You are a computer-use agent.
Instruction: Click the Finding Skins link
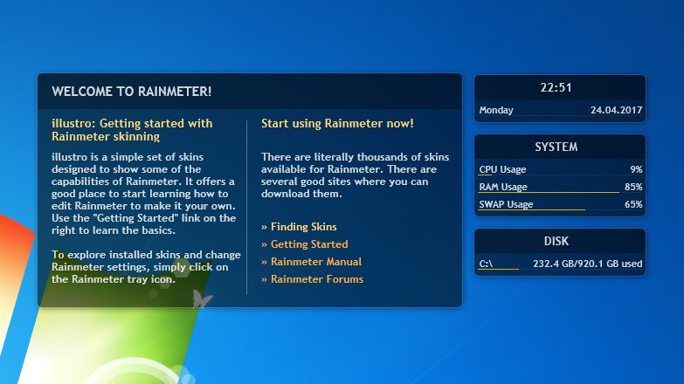tap(300, 227)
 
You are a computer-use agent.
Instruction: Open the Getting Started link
tap(305, 244)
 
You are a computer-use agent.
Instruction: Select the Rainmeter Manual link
tap(312, 262)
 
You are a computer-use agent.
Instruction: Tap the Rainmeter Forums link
tap(313, 279)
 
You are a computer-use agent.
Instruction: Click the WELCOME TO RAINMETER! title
tap(132, 92)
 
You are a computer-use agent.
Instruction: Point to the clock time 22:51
tap(556, 87)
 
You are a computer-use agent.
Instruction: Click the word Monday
tap(496, 110)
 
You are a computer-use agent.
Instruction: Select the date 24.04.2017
tap(617, 110)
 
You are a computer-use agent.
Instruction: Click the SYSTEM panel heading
tap(556, 147)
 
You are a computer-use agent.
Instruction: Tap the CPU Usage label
tap(502, 169)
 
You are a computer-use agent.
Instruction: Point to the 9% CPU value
tap(637, 169)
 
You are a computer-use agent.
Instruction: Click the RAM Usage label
tap(503, 187)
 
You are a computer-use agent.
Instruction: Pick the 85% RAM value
tap(634, 187)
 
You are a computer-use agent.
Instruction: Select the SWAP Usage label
tap(506, 204)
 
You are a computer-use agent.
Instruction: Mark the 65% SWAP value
tap(634, 204)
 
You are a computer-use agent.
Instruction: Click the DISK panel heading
tap(556, 241)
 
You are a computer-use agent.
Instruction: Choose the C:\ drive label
tap(486, 264)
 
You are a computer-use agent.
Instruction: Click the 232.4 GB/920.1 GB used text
tap(588, 264)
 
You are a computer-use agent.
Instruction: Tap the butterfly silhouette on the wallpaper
tap(202, 299)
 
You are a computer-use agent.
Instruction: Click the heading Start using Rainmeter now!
tap(337, 123)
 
